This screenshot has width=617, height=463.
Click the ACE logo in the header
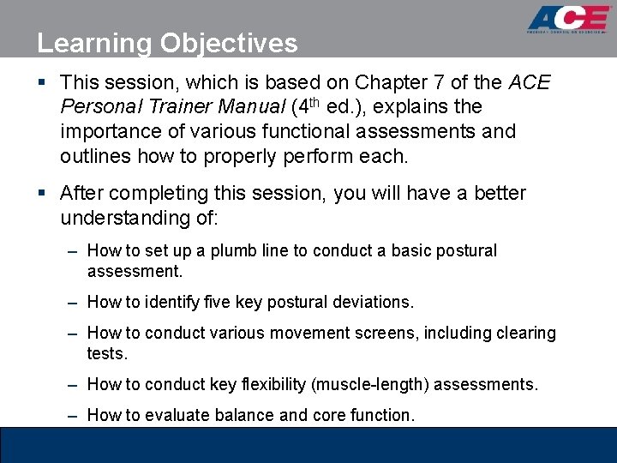click(x=568, y=21)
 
